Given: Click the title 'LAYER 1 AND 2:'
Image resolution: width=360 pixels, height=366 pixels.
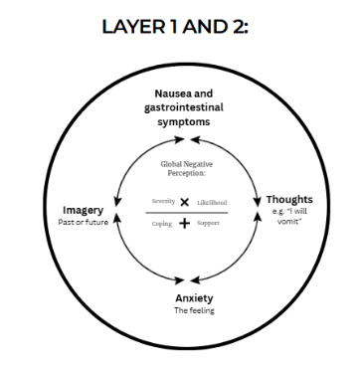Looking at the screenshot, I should coord(180,31).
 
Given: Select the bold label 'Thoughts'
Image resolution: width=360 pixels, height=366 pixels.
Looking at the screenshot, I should coord(289,200).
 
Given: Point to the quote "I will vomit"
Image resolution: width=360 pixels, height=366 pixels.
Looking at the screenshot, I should coord(289,217).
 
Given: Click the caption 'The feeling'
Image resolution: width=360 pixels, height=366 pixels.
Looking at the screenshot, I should coord(182,309).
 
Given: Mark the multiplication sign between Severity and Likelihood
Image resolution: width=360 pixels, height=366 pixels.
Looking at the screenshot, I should coord(185,201).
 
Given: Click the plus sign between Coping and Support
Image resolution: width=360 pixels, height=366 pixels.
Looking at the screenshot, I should coord(185,224).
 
